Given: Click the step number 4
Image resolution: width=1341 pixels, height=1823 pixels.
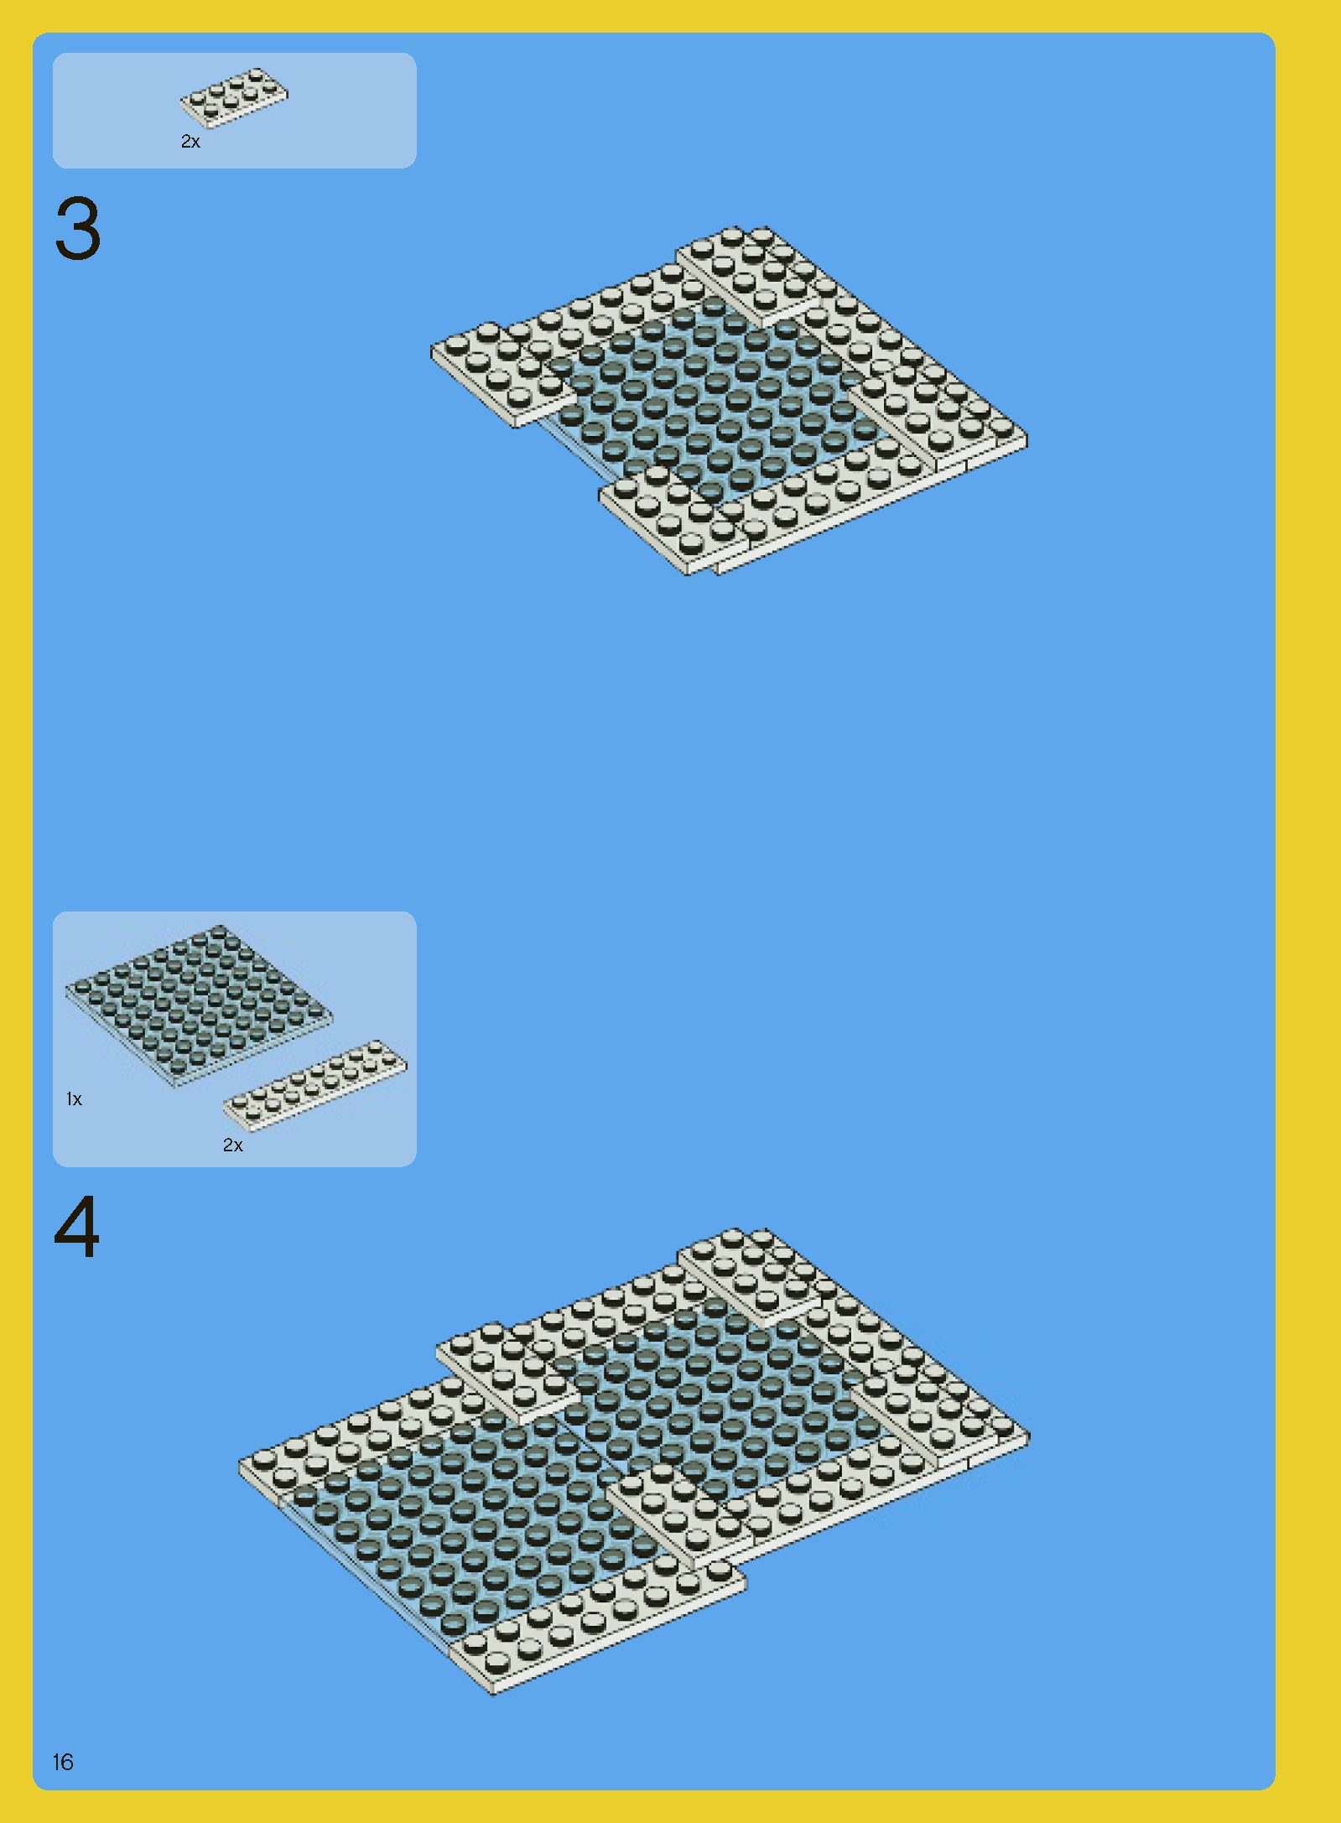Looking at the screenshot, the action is coord(76,1227).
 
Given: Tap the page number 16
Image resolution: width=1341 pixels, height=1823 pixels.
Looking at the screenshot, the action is coord(63,1762).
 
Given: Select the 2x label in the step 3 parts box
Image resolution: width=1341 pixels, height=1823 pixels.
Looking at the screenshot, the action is coord(190,142).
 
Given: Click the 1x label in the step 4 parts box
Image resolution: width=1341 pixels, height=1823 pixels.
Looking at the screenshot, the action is coord(74,1098).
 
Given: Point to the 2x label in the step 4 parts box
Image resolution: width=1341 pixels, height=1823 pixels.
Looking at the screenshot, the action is coord(232,1145).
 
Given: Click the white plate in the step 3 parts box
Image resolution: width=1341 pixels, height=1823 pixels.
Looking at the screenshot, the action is coord(234,97).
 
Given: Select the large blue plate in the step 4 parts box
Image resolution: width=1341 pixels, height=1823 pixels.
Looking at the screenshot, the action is coord(199,1005).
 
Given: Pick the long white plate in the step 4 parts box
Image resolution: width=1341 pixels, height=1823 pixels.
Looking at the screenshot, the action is coord(315,1085).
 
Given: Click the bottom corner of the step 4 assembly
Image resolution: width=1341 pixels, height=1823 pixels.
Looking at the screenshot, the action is coord(493,1694).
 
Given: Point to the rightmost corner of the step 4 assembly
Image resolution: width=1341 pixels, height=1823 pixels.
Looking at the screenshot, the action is coord(1030,1436).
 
